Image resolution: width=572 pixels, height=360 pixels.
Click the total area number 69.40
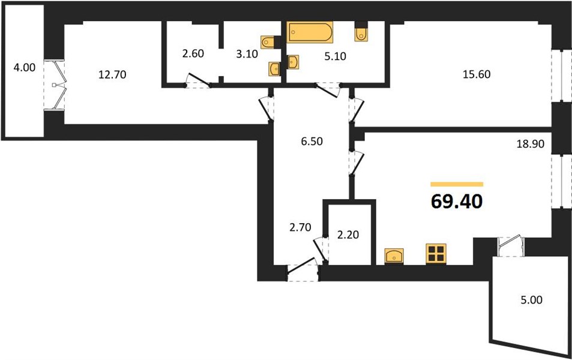click(x=457, y=202)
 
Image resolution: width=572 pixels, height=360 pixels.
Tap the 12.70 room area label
click(x=112, y=74)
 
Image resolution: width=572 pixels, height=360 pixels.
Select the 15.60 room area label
click(x=477, y=74)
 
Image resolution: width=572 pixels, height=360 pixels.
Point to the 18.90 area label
click(x=531, y=144)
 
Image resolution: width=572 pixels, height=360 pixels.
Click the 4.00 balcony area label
click(x=25, y=67)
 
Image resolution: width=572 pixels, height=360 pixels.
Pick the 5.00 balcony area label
click(x=531, y=300)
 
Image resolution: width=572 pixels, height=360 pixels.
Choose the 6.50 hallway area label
click(x=312, y=141)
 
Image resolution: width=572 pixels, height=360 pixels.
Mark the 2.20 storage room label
click(x=348, y=235)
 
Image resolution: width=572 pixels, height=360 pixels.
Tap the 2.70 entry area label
click(x=300, y=227)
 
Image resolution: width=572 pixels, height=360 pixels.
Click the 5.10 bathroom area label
click(x=336, y=56)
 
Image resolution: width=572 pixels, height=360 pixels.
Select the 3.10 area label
click(x=247, y=54)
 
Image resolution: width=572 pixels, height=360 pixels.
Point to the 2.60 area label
click(x=193, y=53)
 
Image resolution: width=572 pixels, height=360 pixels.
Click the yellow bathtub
click(x=310, y=32)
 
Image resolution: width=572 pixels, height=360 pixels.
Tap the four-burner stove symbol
click(x=436, y=254)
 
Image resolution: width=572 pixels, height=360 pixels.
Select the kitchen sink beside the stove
click(x=394, y=256)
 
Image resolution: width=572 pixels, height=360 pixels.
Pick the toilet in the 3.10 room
click(x=268, y=42)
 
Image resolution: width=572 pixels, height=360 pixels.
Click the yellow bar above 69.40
click(x=457, y=184)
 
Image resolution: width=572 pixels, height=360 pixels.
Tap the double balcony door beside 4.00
click(x=55, y=85)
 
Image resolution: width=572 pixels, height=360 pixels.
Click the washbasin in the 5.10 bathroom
click(x=293, y=62)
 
